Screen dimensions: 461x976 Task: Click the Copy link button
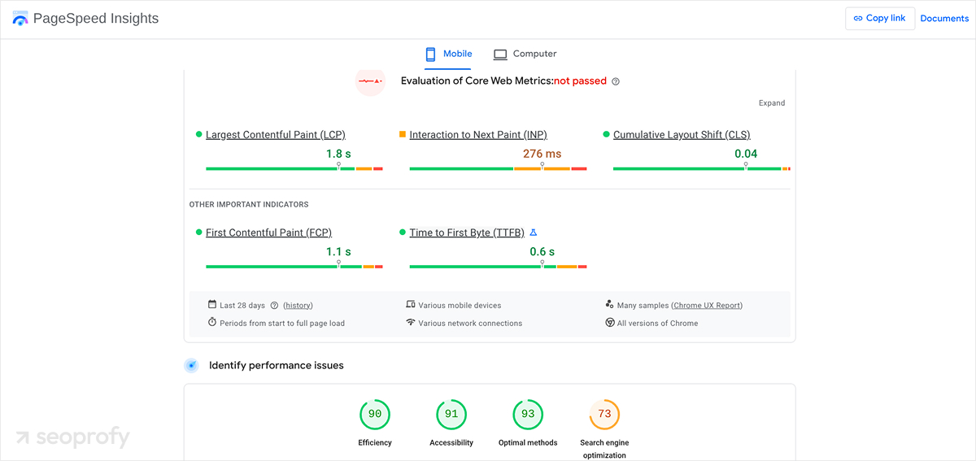880,18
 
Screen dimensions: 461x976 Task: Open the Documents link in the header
944,18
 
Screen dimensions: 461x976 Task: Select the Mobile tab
448,54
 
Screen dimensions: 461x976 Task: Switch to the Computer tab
525,54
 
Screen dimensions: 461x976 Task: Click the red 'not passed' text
580,81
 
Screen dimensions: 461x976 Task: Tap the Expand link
771,103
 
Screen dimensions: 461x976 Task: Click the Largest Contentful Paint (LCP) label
275,135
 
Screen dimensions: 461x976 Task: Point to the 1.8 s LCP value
338,154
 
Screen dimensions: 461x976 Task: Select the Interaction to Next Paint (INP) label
478,135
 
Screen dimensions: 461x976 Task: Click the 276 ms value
542,154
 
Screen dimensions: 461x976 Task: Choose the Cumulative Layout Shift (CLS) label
682,135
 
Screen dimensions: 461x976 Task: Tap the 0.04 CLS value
746,154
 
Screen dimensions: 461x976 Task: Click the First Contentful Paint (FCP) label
268,233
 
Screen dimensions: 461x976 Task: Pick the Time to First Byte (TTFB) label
467,233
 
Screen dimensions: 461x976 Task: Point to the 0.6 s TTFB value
542,252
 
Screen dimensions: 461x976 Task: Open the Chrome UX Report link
707,306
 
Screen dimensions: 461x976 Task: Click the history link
298,306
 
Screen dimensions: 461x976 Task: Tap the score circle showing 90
375,414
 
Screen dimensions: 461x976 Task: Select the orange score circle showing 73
604,414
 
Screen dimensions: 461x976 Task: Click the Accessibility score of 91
451,414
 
